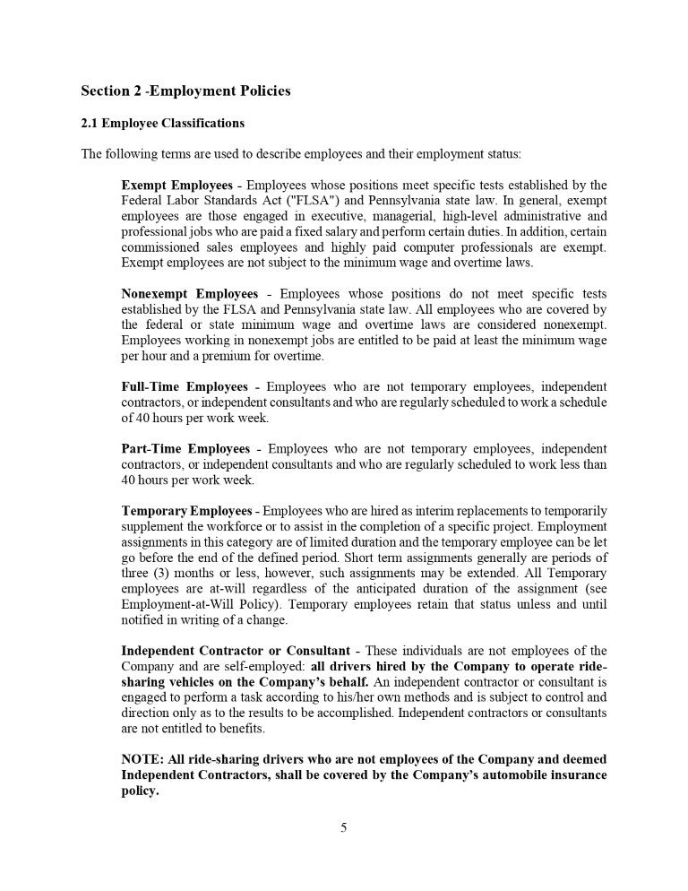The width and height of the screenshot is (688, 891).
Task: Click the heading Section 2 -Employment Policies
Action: pos(185,91)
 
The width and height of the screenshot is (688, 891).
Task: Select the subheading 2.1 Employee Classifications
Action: pos(162,123)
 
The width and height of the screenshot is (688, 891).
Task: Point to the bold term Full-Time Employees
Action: pos(185,387)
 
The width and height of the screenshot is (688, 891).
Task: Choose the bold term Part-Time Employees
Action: pos(185,448)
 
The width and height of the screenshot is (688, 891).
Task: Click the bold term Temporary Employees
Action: pos(187,511)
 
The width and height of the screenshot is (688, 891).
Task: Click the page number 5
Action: pos(343,827)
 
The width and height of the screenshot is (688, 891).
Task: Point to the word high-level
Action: pos(451,216)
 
